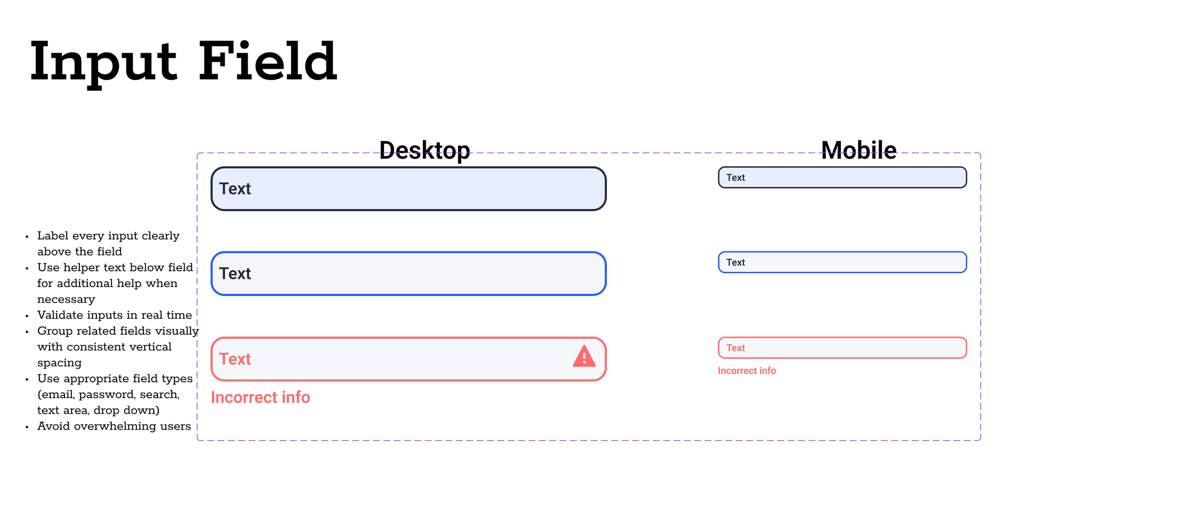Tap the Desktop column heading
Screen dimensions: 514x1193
[424, 150]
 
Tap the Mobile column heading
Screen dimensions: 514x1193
[858, 150]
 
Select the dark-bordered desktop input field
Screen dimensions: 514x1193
[408, 189]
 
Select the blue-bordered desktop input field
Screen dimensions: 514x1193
[408, 274]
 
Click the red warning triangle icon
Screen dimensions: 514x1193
[584, 357]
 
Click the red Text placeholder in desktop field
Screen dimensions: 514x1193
[235, 359]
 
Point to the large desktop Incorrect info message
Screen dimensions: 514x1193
[261, 397]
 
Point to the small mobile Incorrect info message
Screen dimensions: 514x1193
[747, 370]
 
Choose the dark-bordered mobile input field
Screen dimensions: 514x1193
[842, 177]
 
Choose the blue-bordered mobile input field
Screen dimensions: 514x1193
[842, 262]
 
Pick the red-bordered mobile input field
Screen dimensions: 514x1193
[842, 348]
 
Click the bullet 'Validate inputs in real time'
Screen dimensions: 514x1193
[115, 315]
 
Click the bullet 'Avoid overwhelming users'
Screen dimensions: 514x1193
[114, 426]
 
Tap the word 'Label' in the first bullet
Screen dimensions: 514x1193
[52, 236]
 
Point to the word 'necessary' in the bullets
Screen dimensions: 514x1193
[66, 299]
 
